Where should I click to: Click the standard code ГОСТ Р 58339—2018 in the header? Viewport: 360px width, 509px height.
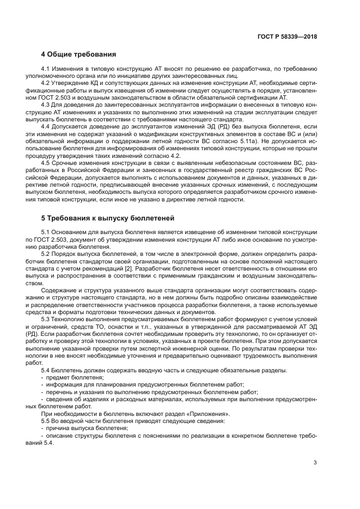[286, 36]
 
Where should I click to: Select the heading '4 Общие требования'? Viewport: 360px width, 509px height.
[78, 54]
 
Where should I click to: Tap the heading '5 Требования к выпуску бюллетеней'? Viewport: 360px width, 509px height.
[107, 218]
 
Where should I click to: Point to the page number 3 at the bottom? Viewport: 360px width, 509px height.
[315, 463]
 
